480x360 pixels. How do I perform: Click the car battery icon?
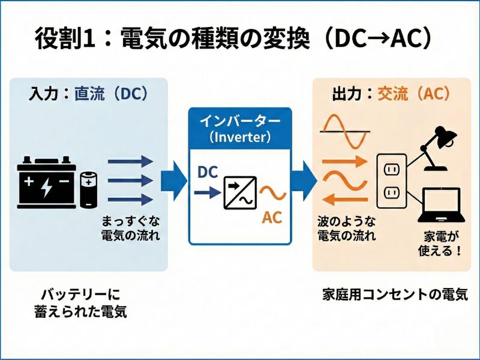(x=46, y=181)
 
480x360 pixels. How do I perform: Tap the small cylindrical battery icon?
(x=88, y=188)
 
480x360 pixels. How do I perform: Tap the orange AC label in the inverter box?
(x=272, y=218)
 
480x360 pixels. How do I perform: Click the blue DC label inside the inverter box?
(x=208, y=172)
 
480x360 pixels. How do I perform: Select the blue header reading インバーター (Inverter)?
(x=240, y=127)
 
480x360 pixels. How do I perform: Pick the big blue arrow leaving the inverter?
(x=304, y=181)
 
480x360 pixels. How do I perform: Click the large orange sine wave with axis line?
(x=344, y=131)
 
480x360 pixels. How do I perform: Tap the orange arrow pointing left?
(x=344, y=200)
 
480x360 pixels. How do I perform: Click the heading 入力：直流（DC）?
(x=88, y=94)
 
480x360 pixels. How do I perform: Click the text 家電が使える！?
(x=440, y=242)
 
